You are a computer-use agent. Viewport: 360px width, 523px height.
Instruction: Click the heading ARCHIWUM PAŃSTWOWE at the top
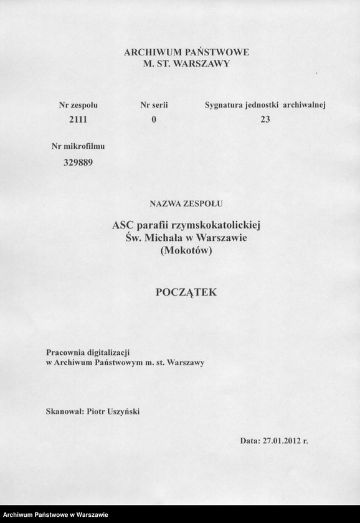[x=186, y=53]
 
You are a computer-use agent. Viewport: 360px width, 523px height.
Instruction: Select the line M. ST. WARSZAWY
[x=186, y=64]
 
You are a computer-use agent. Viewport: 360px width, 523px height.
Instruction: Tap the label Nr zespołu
[x=78, y=106]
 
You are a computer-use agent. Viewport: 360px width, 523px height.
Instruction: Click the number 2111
[x=78, y=120]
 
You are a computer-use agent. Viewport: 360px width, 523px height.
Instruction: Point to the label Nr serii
[x=154, y=106]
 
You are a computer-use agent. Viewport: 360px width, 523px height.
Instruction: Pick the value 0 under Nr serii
[x=154, y=120]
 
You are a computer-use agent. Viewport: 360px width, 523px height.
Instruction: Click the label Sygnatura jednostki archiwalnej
[x=265, y=106]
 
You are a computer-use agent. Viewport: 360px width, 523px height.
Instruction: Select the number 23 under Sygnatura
[x=265, y=120]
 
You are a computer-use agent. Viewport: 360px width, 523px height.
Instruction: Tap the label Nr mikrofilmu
[x=78, y=147]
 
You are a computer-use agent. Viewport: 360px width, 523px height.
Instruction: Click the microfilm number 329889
[x=78, y=163]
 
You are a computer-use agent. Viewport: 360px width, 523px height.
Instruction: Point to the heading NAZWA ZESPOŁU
[x=186, y=203]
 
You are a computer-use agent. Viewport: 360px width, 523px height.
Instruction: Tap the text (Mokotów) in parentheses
[x=186, y=251]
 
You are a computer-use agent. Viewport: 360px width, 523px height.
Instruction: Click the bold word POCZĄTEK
[x=186, y=291]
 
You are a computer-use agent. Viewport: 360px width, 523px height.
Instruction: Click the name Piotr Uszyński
[x=113, y=411]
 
